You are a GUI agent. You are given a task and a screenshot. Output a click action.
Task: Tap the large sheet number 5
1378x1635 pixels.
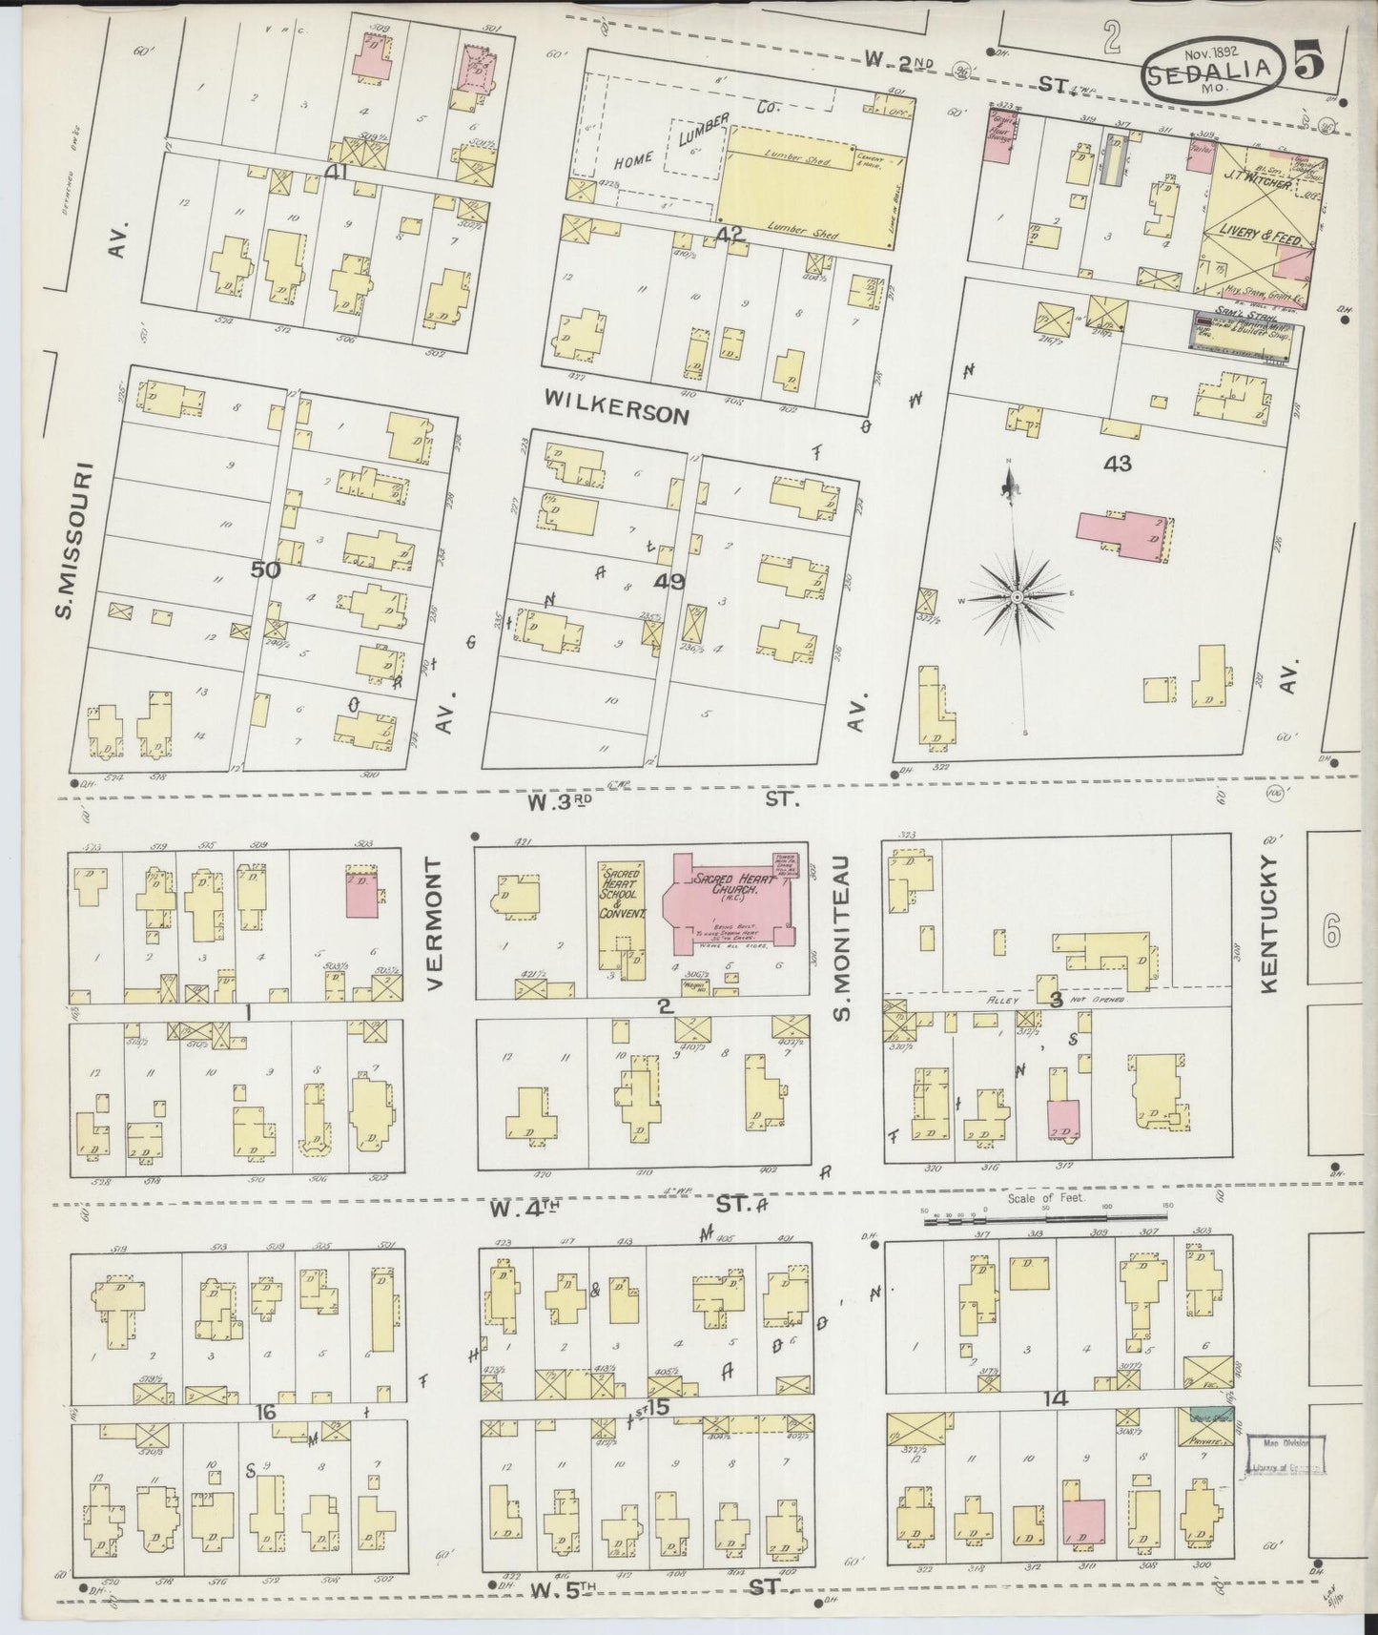1309,64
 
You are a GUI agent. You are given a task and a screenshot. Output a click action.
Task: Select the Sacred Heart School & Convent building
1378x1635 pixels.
621,916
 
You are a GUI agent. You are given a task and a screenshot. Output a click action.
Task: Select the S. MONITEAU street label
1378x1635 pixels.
841,936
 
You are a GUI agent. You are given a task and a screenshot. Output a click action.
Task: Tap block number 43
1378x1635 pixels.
1117,464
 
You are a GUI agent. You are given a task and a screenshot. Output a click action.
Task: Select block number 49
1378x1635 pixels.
668,581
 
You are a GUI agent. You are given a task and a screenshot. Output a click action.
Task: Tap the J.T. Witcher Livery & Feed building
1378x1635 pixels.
1254,221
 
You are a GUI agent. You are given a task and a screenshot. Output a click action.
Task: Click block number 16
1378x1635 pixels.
266,1411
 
